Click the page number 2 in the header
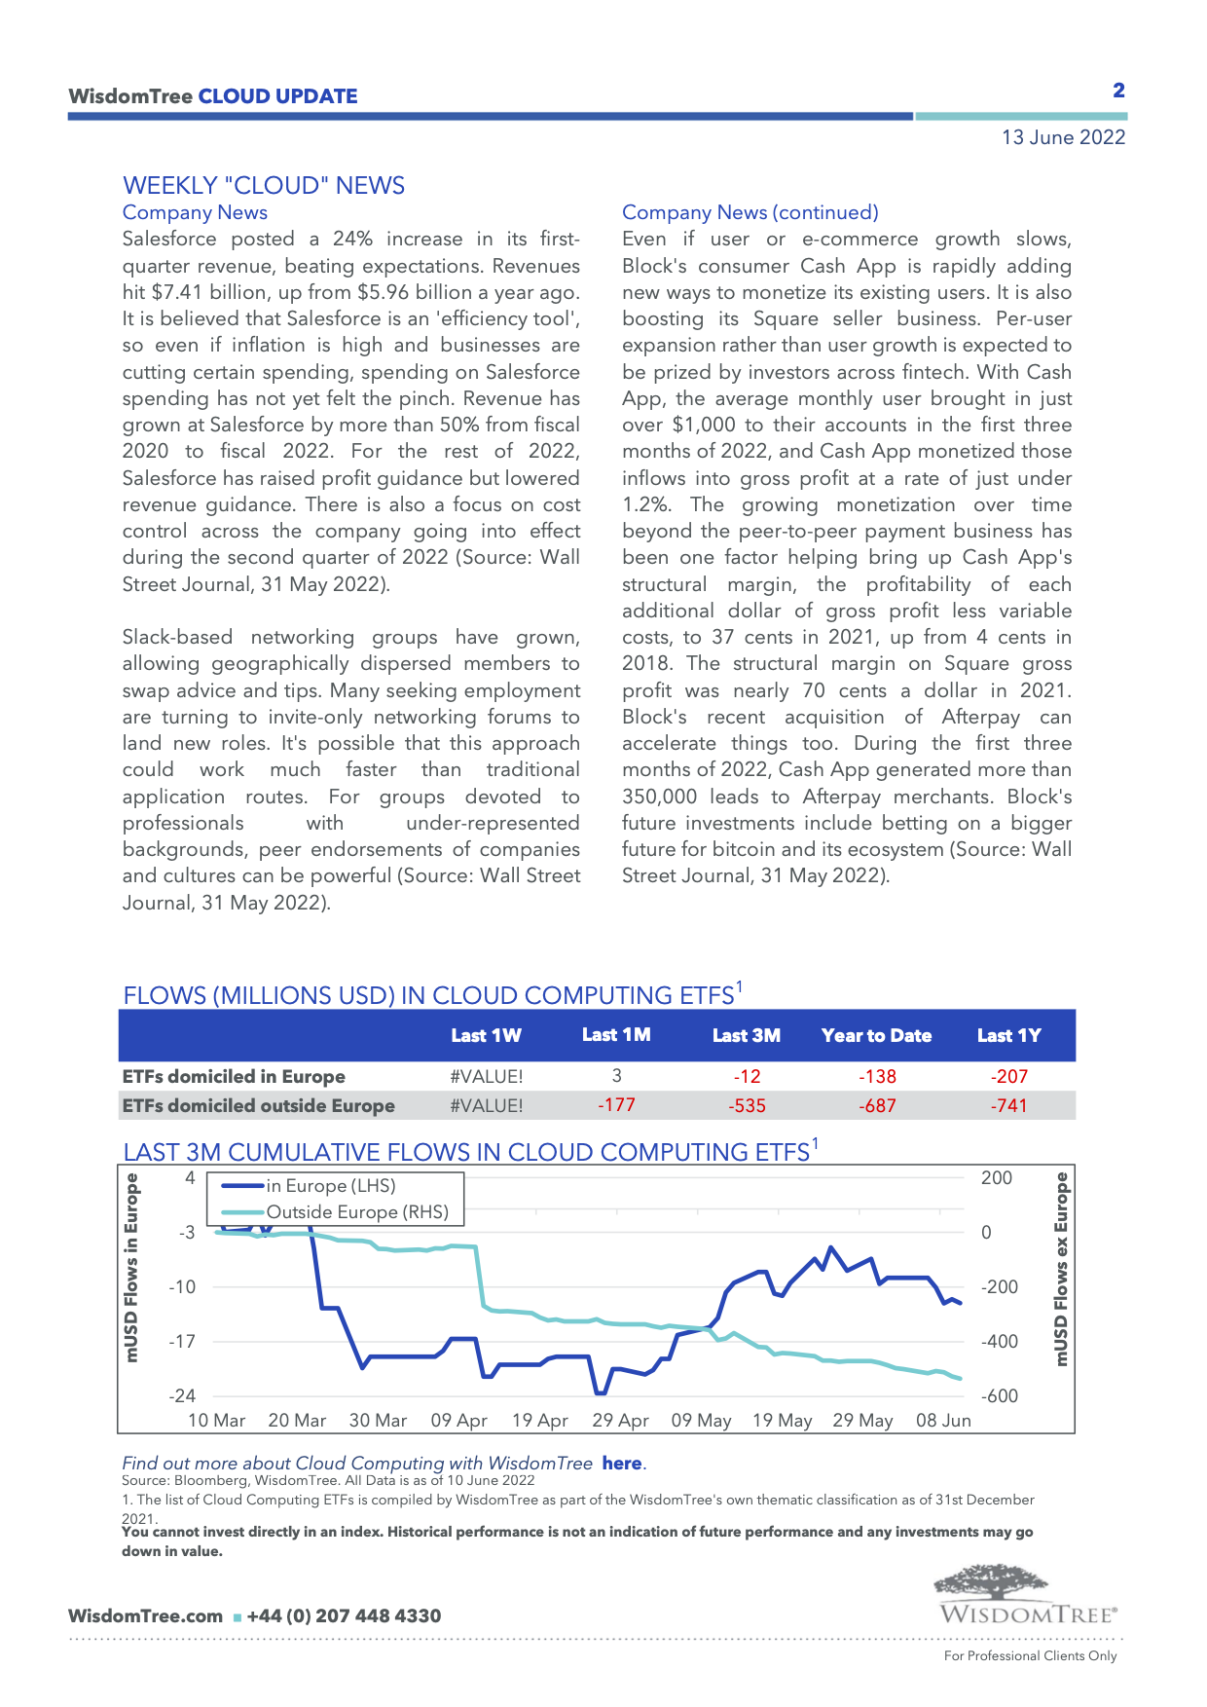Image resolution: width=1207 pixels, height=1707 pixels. pyautogui.click(x=1118, y=91)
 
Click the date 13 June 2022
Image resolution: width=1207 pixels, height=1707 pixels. pyautogui.click(x=1063, y=137)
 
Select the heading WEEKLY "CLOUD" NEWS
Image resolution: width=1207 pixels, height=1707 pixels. pyautogui.click(x=264, y=186)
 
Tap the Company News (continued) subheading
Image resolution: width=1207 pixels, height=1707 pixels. pyautogui.click(x=750, y=212)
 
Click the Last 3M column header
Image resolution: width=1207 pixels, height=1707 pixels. pyautogui.click(x=746, y=1036)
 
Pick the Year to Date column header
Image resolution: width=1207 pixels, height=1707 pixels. pyautogui.click(x=876, y=1036)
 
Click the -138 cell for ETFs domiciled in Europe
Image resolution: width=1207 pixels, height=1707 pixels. pyautogui.click(x=877, y=1077)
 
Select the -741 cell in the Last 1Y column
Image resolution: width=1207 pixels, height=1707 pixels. pyautogui.click(x=1008, y=1106)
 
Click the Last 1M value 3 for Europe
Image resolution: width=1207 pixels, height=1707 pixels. pyautogui.click(x=616, y=1076)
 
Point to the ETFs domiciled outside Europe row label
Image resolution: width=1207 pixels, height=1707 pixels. pyautogui.click(x=258, y=1106)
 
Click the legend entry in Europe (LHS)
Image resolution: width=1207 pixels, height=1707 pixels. pyautogui.click(x=330, y=1186)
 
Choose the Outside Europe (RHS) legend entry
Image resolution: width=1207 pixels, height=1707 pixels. pyautogui.click(x=356, y=1212)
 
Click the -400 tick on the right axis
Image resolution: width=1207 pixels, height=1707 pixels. pyautogui.click(x=999, y=1342)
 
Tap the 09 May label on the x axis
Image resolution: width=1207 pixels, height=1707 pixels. pyautogui.click(x=701, y=1421)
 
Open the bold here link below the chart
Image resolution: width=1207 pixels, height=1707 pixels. pyautogui.click(x=621, y=1464)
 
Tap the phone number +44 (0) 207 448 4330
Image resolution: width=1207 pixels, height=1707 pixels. pyautogui.click(x=344, y=1616)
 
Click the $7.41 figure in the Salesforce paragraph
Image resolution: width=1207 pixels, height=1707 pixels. pyautogui.click(x=175, y=292)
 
